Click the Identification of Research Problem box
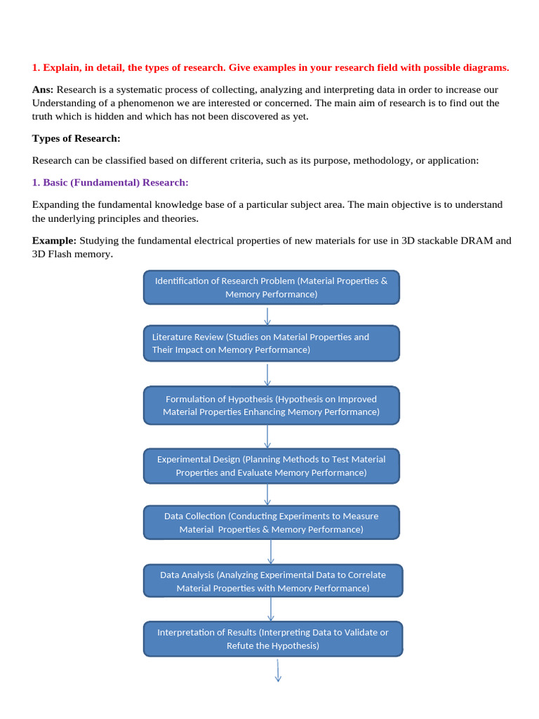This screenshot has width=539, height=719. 271,287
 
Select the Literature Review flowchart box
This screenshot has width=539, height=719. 271,343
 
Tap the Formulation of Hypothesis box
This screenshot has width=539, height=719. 271,405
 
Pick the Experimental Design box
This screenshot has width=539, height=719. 271,466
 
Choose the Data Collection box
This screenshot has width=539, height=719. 271,522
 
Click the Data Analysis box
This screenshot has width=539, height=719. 272,581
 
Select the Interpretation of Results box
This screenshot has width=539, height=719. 272,639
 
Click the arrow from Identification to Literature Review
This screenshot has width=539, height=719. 267,315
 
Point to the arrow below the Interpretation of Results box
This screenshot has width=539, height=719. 278,669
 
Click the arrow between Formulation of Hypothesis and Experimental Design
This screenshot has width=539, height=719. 267,436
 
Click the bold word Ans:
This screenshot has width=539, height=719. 43,90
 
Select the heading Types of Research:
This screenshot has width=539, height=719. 76,138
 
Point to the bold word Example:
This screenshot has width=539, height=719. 54,241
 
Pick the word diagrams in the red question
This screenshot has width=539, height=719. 484,67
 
